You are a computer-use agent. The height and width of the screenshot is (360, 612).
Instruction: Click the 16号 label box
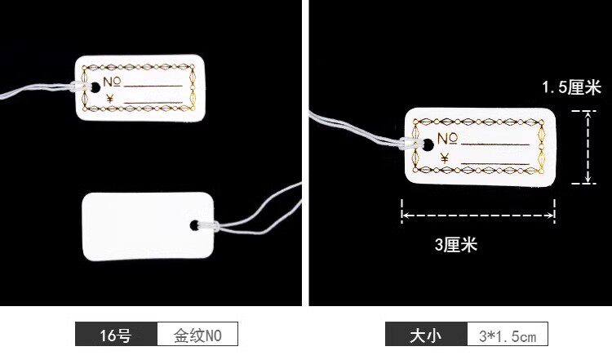coord(115,335)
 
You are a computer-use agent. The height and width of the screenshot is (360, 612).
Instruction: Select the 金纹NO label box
coord(195,335)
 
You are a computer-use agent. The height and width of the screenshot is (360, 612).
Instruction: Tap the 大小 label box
coord(426,335)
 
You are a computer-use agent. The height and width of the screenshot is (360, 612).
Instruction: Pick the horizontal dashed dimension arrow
coord(477,216)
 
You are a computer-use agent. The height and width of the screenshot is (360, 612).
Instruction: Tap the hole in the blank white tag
coord(195,224)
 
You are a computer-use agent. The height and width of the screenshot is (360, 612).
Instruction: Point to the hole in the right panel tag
coord(422,144)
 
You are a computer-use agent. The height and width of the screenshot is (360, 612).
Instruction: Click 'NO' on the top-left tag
coord(113,82)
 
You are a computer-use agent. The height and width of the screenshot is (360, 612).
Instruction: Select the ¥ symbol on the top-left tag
coord(110,100)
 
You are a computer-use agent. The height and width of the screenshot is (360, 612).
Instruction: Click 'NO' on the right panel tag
coord(447,138)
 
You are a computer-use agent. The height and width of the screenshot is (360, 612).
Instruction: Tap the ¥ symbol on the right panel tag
coord(445,158)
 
